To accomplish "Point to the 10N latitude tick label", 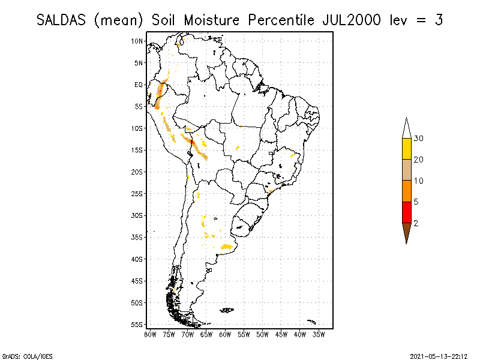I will point(137,41).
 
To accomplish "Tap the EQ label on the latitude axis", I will point(139,85).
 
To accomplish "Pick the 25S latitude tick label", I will point(137,193).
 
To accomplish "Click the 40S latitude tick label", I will point(137,259).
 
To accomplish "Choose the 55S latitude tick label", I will point(137,324).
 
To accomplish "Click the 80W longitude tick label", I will point(150,334).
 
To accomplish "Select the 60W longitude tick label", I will point(225,334).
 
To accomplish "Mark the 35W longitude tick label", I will point(319,334).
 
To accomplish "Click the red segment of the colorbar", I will point(407,212).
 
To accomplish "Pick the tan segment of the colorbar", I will point(407,170).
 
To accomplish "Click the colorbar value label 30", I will point(418,139).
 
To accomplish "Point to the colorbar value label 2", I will point(416,223).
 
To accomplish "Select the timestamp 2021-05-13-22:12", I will point(439,355).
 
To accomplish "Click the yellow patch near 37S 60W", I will point(227,246).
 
